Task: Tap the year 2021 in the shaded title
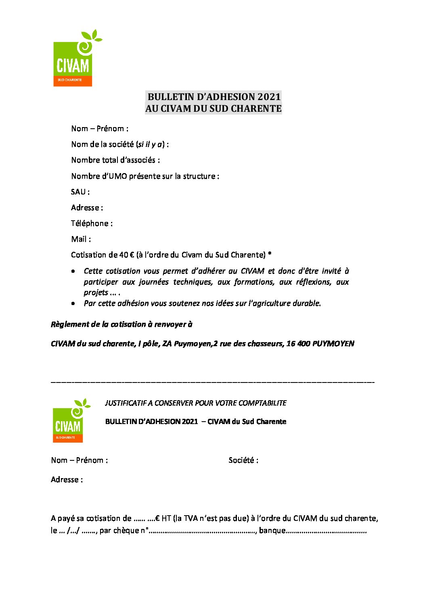point(269,97)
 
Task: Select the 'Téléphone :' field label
point(92,224)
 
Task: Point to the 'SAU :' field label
point(80,192)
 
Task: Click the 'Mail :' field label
point(81,239)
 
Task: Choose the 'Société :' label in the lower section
point(243,460)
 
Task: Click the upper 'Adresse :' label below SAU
point(87,208)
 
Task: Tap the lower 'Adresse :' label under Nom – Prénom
point(67,480)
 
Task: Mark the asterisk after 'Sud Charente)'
point(270,255)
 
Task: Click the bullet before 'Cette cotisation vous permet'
point(73,271)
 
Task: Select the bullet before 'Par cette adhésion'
point(73,303)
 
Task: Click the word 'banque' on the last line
point(272,531)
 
